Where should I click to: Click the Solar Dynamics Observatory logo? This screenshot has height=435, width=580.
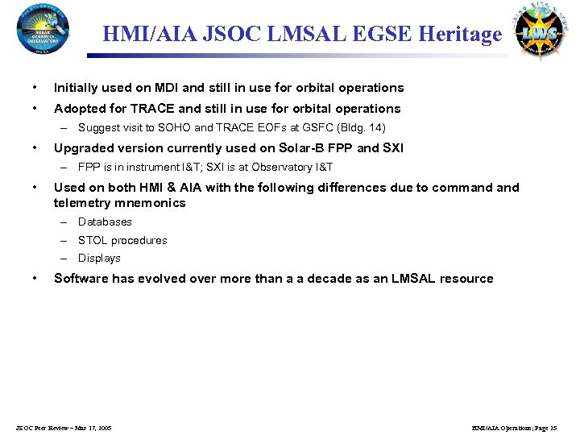43,28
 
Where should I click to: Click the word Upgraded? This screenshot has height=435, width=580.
81,147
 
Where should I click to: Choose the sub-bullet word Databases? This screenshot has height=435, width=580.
105,222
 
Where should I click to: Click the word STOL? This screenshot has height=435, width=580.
93,240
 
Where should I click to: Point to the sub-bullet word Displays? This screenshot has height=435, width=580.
99,258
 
